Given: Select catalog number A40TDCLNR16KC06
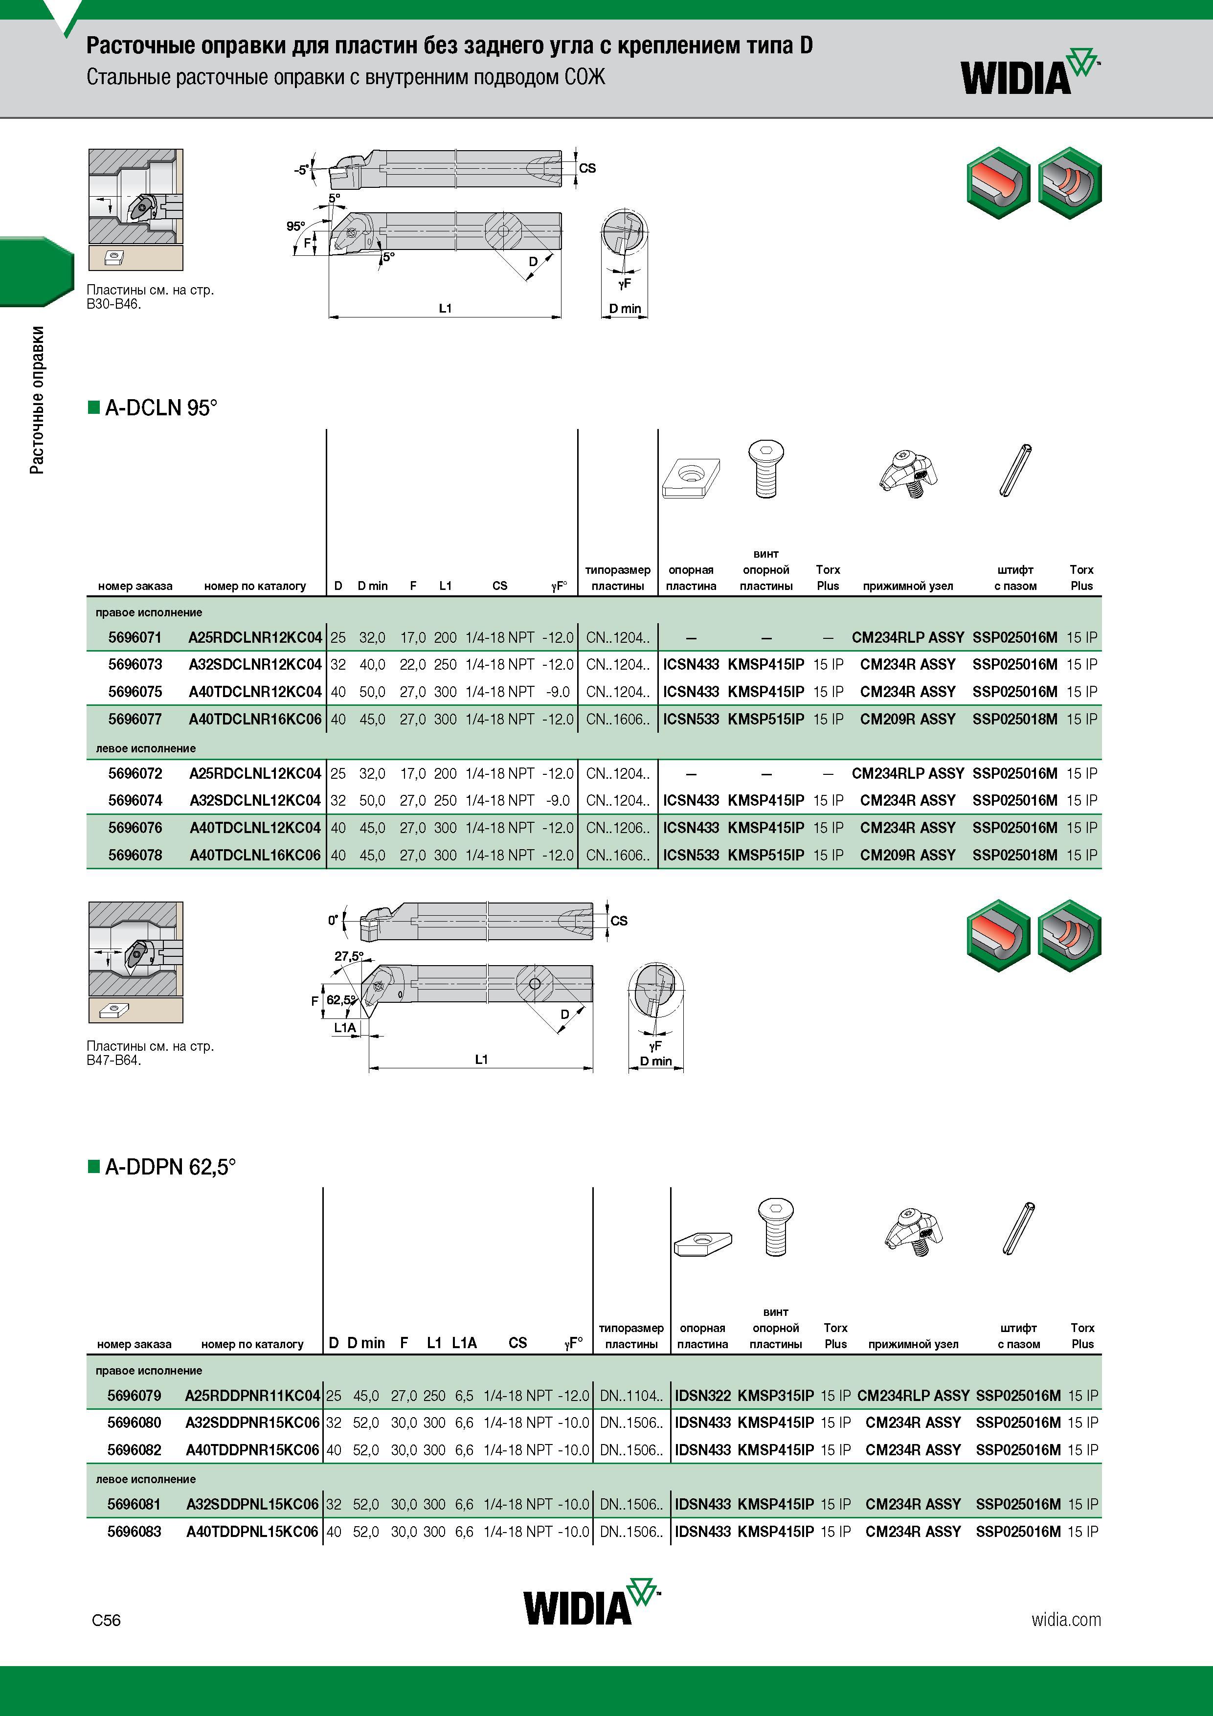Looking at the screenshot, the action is coord(255,719).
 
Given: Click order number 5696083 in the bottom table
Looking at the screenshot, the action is coord(134,1532).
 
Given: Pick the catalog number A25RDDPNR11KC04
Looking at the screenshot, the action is coord(252,1396).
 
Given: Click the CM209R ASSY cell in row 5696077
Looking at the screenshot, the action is coord(907,719).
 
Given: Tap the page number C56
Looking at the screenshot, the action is coord(106,1620).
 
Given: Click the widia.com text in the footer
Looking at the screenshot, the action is coord(1066,1620).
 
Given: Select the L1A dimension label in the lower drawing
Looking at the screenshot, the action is coord(344,1028).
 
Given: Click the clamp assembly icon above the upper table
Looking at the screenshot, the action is coord(907,473).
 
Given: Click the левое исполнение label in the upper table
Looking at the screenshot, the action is coord(146,748).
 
